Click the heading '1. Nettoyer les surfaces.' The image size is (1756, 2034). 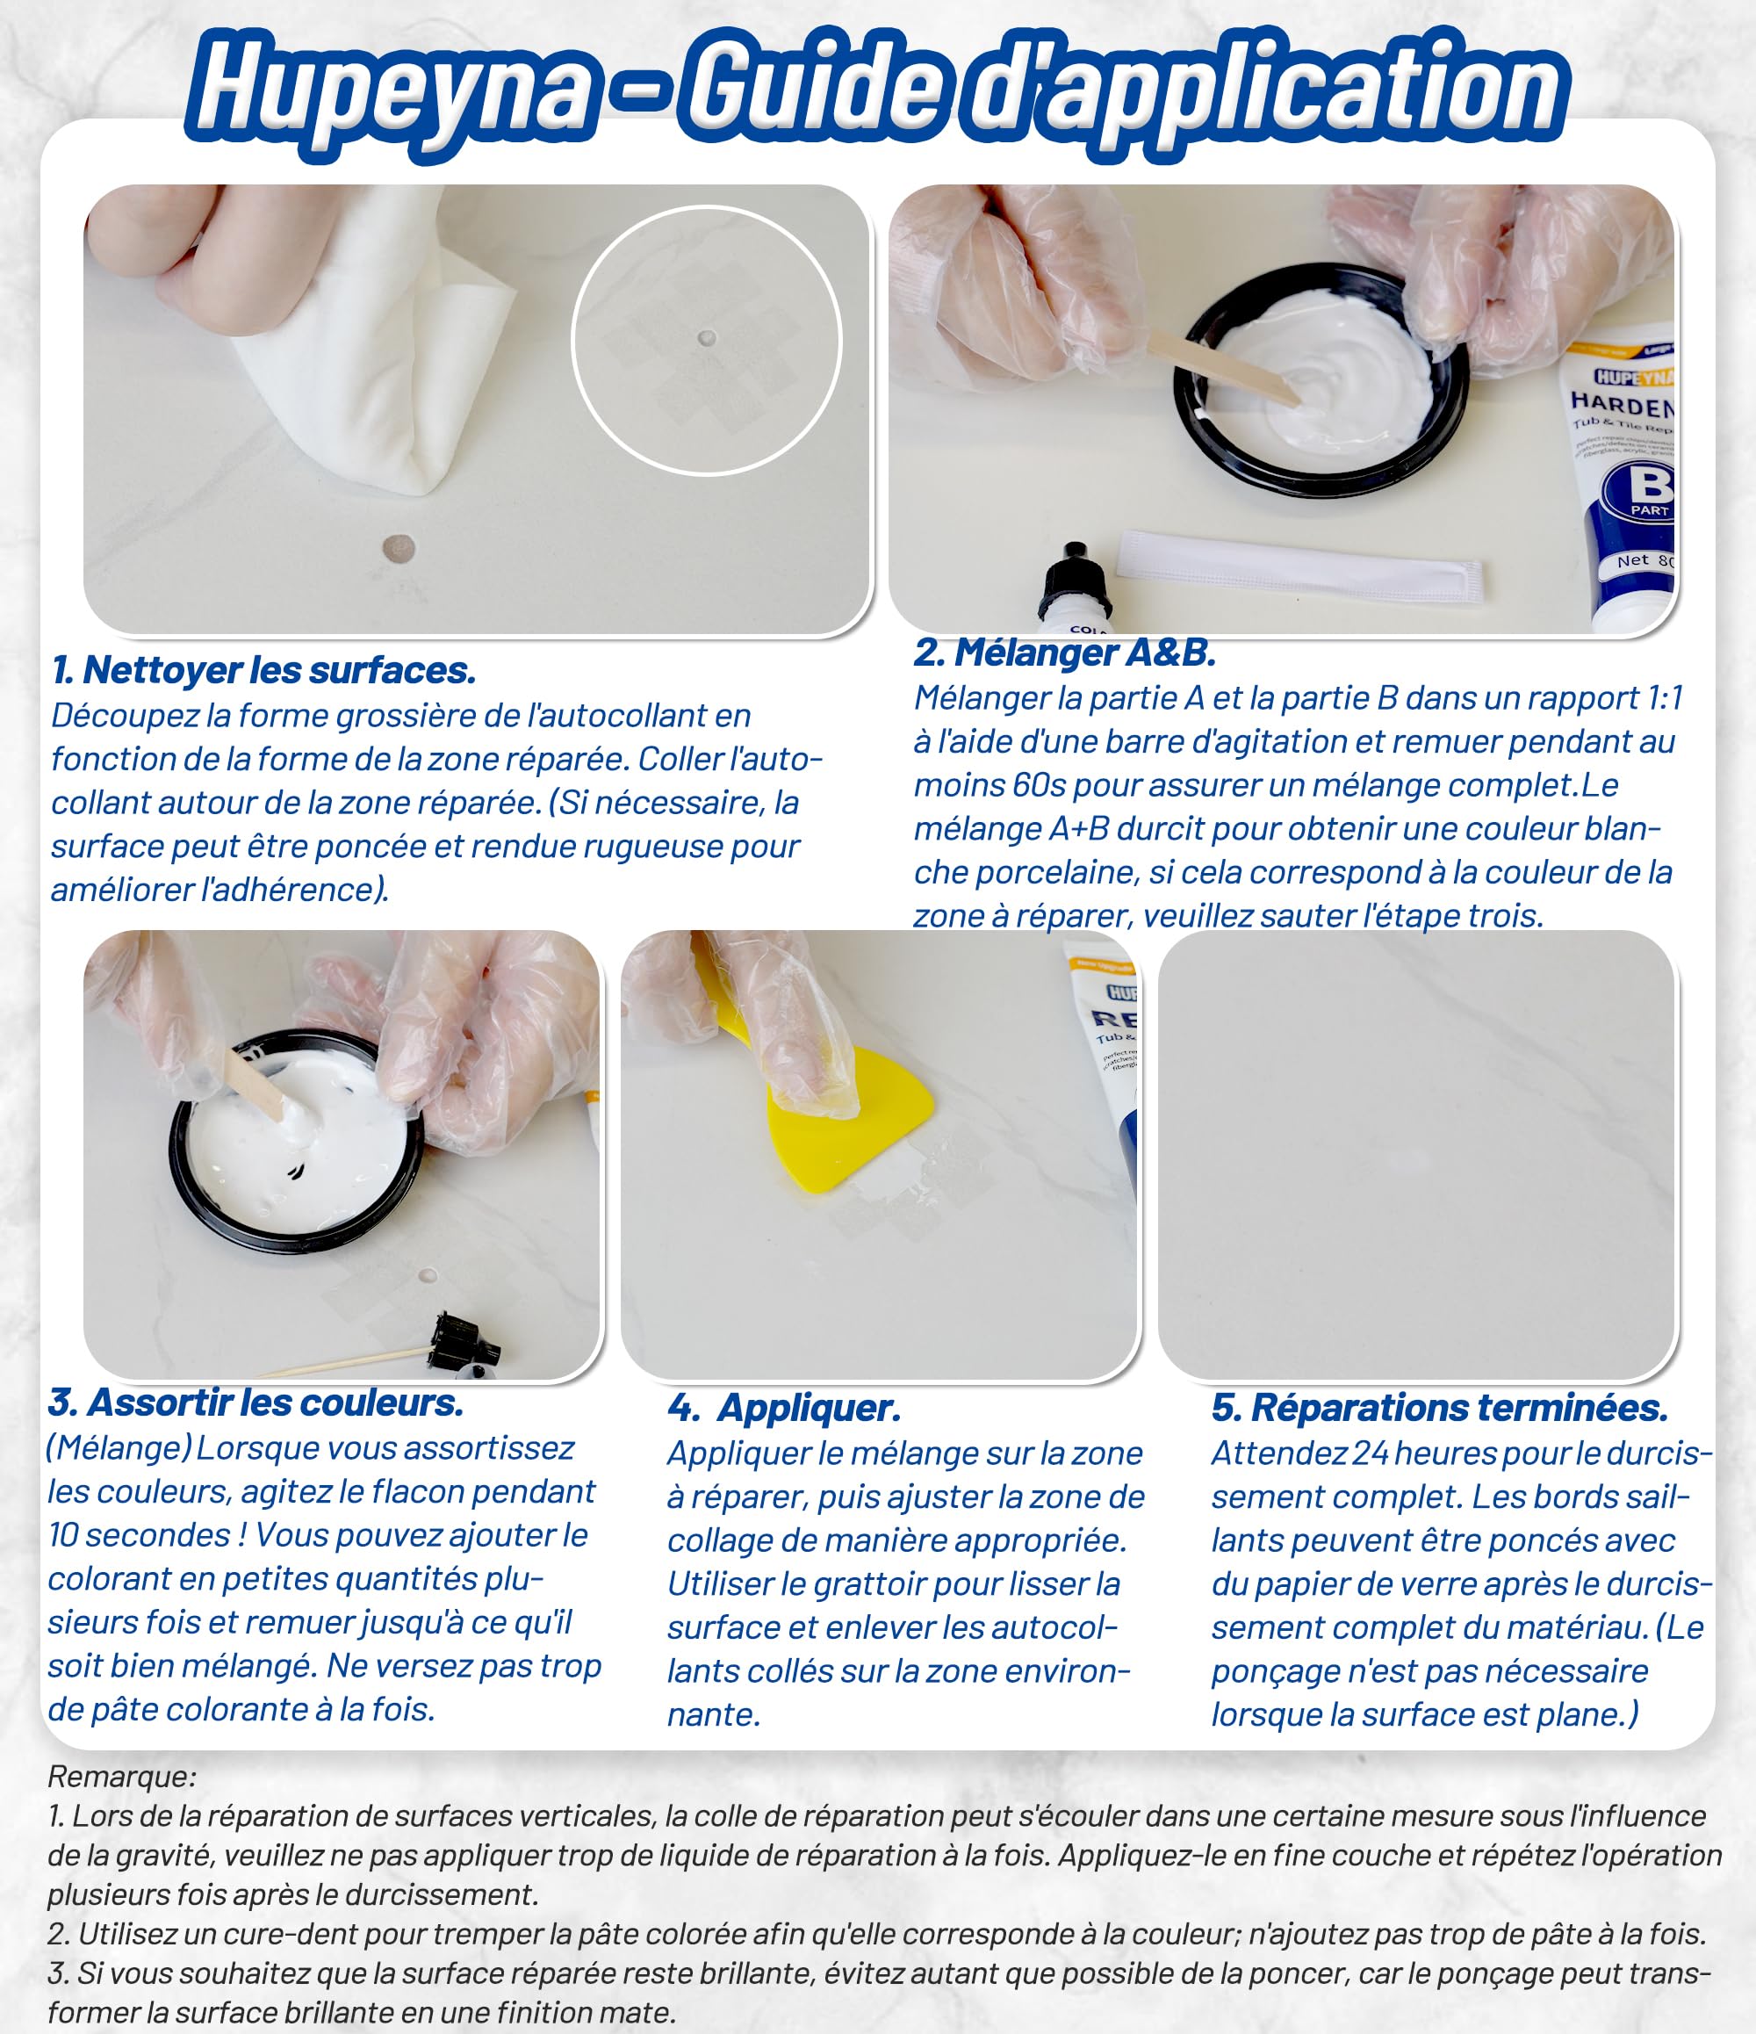click(x=264, y=670)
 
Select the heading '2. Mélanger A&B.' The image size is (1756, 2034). click(x=1065, y=653)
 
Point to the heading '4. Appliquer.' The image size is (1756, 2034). click(x=783, y=1409)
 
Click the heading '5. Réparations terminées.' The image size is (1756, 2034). click(x=1440, y=1408)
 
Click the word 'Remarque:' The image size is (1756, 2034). click(x=122, y=1777)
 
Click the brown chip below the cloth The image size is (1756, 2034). click(x=399, y=549)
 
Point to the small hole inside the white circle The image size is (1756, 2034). click(x=706, y=339)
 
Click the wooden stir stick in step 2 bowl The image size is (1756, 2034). click(x=1222, y=366)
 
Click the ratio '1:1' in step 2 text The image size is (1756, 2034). click(x=1664, y=698)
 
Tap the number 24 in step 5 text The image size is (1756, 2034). click(x=1371, y=1453)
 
